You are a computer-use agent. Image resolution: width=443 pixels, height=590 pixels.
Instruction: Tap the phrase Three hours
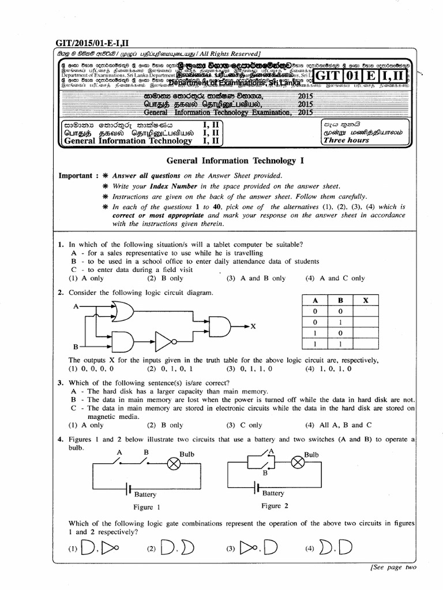coord(346,140)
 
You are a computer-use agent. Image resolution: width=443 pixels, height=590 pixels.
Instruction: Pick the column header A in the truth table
coord(316,300)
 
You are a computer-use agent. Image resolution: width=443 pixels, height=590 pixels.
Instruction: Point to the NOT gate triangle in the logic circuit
coord(163,343)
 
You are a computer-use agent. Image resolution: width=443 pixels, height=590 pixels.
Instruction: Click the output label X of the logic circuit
coord(252,326)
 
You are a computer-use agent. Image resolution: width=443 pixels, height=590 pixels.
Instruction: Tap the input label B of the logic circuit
coord(75,347)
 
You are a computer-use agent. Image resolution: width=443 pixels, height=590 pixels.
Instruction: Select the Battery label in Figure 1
coord(145,494)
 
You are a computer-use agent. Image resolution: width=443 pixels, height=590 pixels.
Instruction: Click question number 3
coord(60,383)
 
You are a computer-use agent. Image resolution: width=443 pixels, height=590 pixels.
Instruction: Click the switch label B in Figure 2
coord(265,472)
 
